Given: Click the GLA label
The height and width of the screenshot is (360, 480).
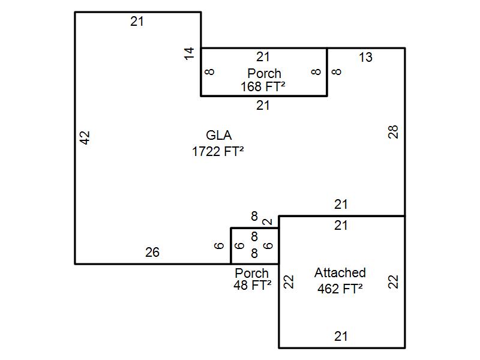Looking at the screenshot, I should coord(218,135).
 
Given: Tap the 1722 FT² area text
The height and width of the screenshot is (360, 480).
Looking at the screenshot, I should coord(218,151).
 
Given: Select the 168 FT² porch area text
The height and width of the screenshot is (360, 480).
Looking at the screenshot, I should coord(263,87).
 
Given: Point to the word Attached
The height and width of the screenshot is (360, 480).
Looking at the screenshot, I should coord(340,273).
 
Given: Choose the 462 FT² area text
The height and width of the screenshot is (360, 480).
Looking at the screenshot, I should coord(340,289).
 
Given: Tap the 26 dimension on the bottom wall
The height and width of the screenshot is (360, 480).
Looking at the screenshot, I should coord(152,253).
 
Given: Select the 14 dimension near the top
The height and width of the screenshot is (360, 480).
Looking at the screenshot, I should coord(190,53).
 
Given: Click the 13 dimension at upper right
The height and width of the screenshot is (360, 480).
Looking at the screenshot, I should coord(365,58).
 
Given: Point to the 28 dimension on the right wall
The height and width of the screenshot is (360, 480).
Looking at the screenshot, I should coord(394,132).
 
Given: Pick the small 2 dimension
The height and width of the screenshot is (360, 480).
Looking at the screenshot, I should coord(268,222).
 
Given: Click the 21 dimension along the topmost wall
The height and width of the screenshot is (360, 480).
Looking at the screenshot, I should coord(137,22).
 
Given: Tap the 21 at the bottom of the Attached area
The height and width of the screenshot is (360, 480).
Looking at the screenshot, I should coord(341,337).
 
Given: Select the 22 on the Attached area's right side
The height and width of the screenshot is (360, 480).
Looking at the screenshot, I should coord(394,281).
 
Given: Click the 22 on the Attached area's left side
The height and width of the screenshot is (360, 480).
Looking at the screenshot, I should coord(289,281).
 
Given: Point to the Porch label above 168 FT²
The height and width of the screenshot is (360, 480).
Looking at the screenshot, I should coord(264,73).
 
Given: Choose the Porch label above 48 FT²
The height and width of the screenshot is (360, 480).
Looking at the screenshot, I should coord(252,273).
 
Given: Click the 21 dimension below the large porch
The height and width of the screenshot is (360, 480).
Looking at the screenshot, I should coord(263,106).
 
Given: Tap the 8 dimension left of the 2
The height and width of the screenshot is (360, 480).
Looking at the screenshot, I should coord(254,216).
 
